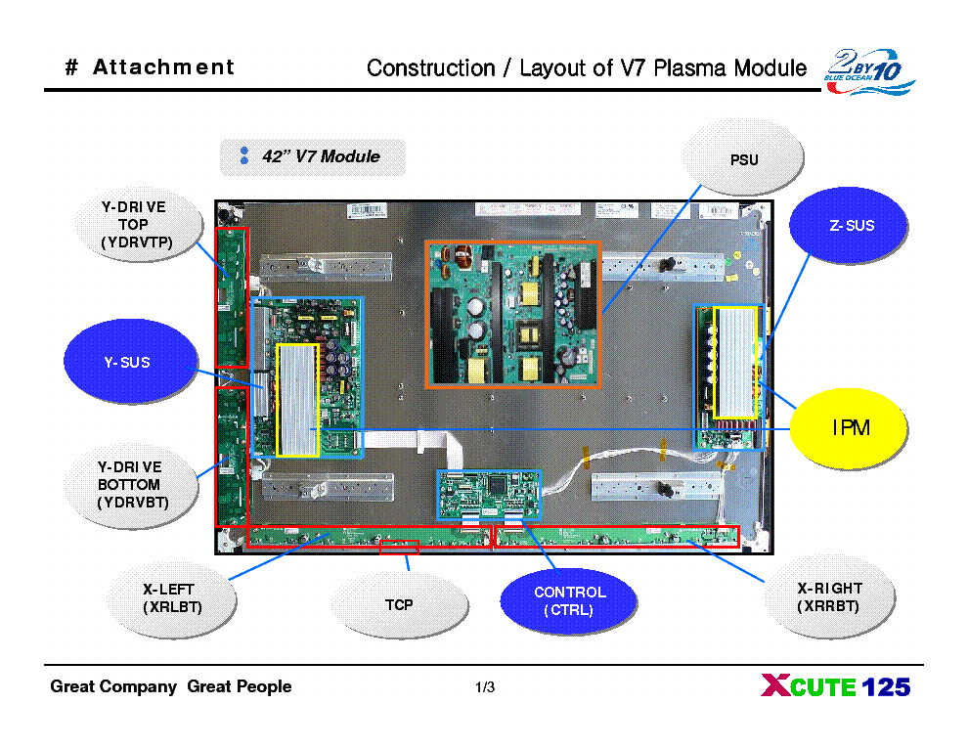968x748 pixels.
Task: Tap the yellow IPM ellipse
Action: [850, 428]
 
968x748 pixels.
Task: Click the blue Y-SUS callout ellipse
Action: [127, 363]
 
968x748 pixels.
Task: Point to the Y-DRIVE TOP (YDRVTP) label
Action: [133, 225]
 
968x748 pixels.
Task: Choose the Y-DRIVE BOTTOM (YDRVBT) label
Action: [133, 485]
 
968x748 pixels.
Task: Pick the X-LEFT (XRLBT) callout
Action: [168, 597]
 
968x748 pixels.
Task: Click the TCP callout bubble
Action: [398, 605]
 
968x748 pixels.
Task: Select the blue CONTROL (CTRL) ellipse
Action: [569, 601]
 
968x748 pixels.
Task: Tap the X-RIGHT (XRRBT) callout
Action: [829, 597]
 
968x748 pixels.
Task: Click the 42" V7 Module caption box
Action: [313, 156]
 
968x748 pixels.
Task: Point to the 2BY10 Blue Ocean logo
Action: [868, 71]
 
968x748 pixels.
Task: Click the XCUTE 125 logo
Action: [835, 687]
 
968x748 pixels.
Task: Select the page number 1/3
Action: [484, 688]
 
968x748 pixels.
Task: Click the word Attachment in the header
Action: [163, 67]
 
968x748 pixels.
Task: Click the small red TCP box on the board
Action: [399, 547]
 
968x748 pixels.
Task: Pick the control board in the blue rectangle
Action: [488, 494]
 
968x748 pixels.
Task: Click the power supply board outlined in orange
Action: [512, 314]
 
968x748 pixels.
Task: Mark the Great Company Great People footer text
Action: [171, 687]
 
